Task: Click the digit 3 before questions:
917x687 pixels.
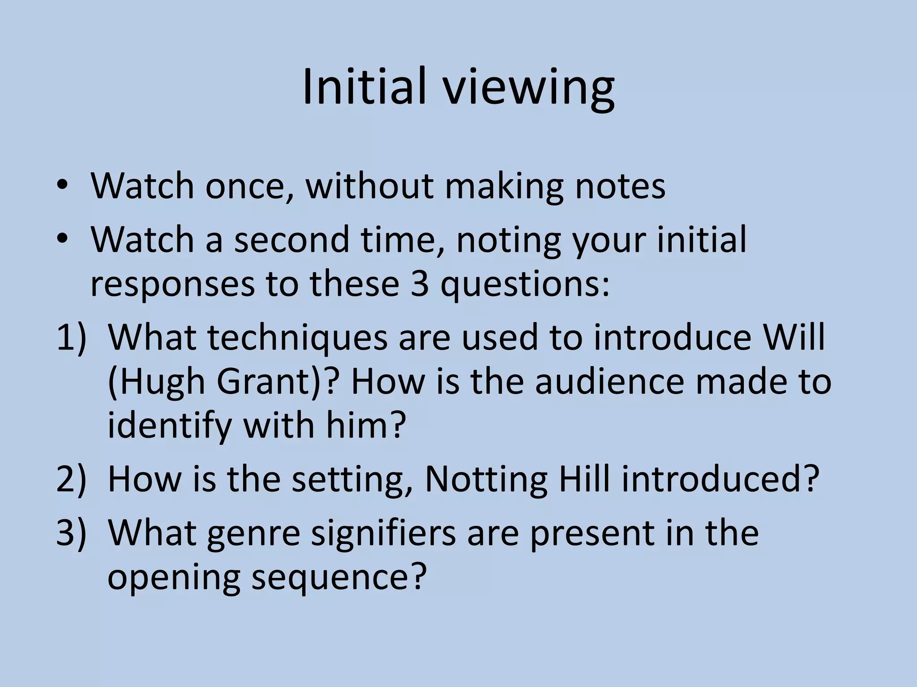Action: [420, 284]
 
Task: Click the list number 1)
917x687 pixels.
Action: [71, 338]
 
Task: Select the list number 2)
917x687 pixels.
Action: [71, 479]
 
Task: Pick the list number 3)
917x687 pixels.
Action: [71, 533]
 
